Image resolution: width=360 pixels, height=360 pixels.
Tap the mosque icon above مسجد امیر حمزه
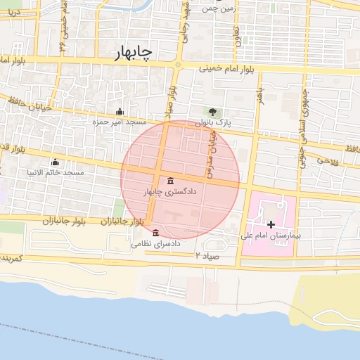(119, 112)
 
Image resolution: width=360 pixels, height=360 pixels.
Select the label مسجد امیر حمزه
(117, 122)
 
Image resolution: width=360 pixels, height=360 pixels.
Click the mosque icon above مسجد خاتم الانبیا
(55, 162)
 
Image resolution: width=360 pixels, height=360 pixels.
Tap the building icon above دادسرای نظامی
(155, 233)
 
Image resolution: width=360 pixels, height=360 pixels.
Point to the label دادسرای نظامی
(156, 244)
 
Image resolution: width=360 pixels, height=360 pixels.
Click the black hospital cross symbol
(271, 224)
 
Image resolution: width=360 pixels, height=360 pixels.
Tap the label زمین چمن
(216, 8)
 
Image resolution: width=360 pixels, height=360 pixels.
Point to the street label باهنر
(259, 95)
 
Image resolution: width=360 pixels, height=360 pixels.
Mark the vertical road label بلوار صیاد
(172, 100)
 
